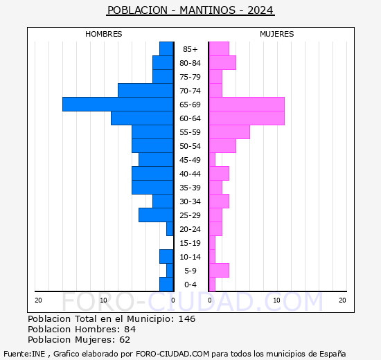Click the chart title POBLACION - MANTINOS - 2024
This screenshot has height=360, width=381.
pos(190,10)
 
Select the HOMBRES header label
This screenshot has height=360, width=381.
pos(104,34)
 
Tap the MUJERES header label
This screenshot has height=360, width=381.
pos(277,34)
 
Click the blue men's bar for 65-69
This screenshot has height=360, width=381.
pos(118,104)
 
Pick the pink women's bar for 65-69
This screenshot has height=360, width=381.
pos(247,104)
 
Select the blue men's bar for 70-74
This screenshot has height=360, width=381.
pos(145,90)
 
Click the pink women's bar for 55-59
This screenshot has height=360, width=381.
pos(229,132)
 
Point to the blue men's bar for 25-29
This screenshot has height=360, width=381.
pos(156,215)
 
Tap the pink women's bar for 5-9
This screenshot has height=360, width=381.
pos(219,270)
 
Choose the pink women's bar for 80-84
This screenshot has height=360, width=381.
pos(222,62)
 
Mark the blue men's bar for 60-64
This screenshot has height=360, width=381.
pos(142,118)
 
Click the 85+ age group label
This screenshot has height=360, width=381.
pos(190,49)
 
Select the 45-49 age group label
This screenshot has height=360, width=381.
pos(190,160)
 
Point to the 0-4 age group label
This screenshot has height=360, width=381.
pos(190,285)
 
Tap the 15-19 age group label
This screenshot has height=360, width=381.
pos(190,243)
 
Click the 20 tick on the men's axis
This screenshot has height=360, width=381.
pos(38,300)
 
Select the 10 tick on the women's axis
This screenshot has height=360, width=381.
pos(276,300)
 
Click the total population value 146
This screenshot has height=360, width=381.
pos(186,319)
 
